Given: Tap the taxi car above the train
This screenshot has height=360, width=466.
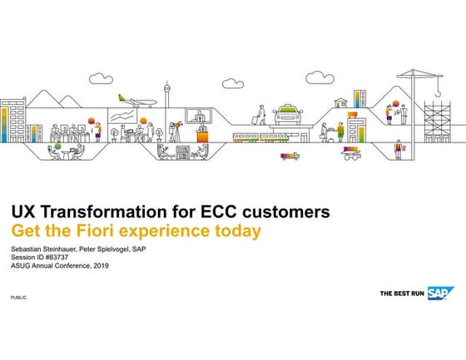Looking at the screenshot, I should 288,113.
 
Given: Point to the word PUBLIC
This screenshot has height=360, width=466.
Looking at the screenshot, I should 17,297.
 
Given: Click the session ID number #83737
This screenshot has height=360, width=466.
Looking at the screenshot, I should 53,258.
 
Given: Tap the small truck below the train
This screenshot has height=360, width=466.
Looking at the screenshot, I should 290,155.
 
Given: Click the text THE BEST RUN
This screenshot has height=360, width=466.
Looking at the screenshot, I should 403,293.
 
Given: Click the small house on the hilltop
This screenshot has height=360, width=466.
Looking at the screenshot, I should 341,103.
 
